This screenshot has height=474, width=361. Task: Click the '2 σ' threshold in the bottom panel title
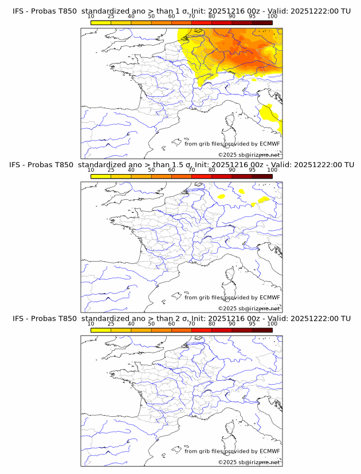click(x=185, y=318)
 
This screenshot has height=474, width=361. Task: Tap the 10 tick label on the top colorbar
click(x=91, y=17)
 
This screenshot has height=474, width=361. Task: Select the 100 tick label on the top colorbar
click(x=272, y=17)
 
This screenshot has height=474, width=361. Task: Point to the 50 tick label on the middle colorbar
click(x=151, y=170)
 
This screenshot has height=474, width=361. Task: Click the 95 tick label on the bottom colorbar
click(x=252, y=323)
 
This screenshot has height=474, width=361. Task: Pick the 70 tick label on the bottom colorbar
click(x=191, y=323)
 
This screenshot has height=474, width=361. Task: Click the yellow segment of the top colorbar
click(x=101, y=22)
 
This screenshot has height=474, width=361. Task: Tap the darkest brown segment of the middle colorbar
click(x=262, y=176)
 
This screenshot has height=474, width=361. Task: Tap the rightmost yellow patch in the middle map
click(x=262, y=200)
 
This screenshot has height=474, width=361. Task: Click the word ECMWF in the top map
click(x=269, y=144)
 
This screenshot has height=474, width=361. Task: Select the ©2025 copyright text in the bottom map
click(x=227, y=462)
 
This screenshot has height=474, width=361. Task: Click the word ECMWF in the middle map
click(x=269, y=298)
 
